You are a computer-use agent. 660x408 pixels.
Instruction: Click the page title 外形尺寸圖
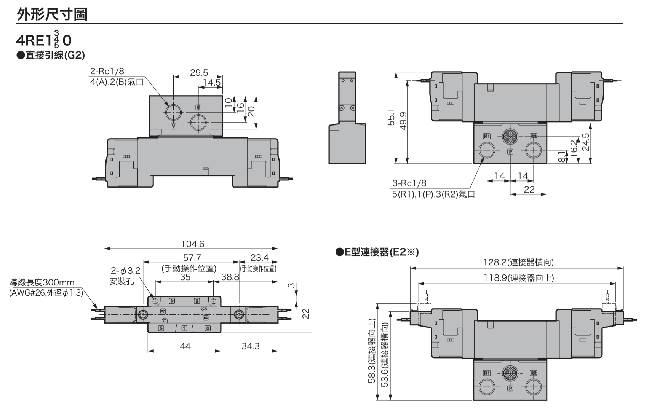(52, 14)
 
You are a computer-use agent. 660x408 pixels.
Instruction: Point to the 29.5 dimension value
(199, 72)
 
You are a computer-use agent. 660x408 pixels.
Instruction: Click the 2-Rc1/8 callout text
(107, 71)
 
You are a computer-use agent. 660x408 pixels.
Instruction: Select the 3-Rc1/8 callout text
(409, 183)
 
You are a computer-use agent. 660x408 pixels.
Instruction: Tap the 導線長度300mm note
(42, 282)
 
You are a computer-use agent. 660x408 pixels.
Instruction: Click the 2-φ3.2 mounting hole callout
(125, 271)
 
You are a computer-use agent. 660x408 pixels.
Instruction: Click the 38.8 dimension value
(230, 277)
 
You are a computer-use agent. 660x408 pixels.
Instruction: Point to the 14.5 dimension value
(212, 83)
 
